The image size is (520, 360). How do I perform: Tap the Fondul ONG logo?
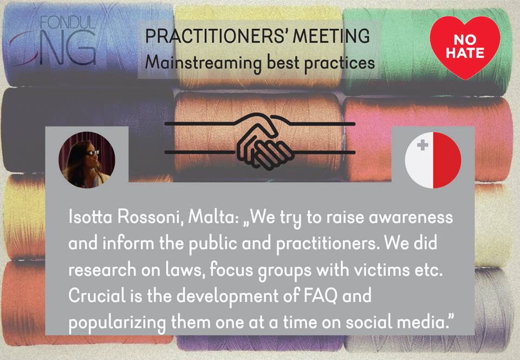pyautogui.click(x=53, y=41)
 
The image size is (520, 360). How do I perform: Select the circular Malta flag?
pyautogui.click(x=433, y=160)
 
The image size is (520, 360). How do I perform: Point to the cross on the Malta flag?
pyautogui.click(x=422, y=145)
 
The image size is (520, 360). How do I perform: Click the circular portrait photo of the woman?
pyautogui.click(x=87, y=160)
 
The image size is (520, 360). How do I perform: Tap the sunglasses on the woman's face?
pyautogui.click(x=93, y=153)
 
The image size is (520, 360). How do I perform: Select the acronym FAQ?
pyautogui.click(x=320, y=296)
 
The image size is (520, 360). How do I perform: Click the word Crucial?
pyautogui.click(x=97, y=295)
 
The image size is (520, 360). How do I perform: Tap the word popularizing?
pyautogui.click(x=117, y=323)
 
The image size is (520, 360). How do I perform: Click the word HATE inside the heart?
pyautogui.click(x=465, y=53)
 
